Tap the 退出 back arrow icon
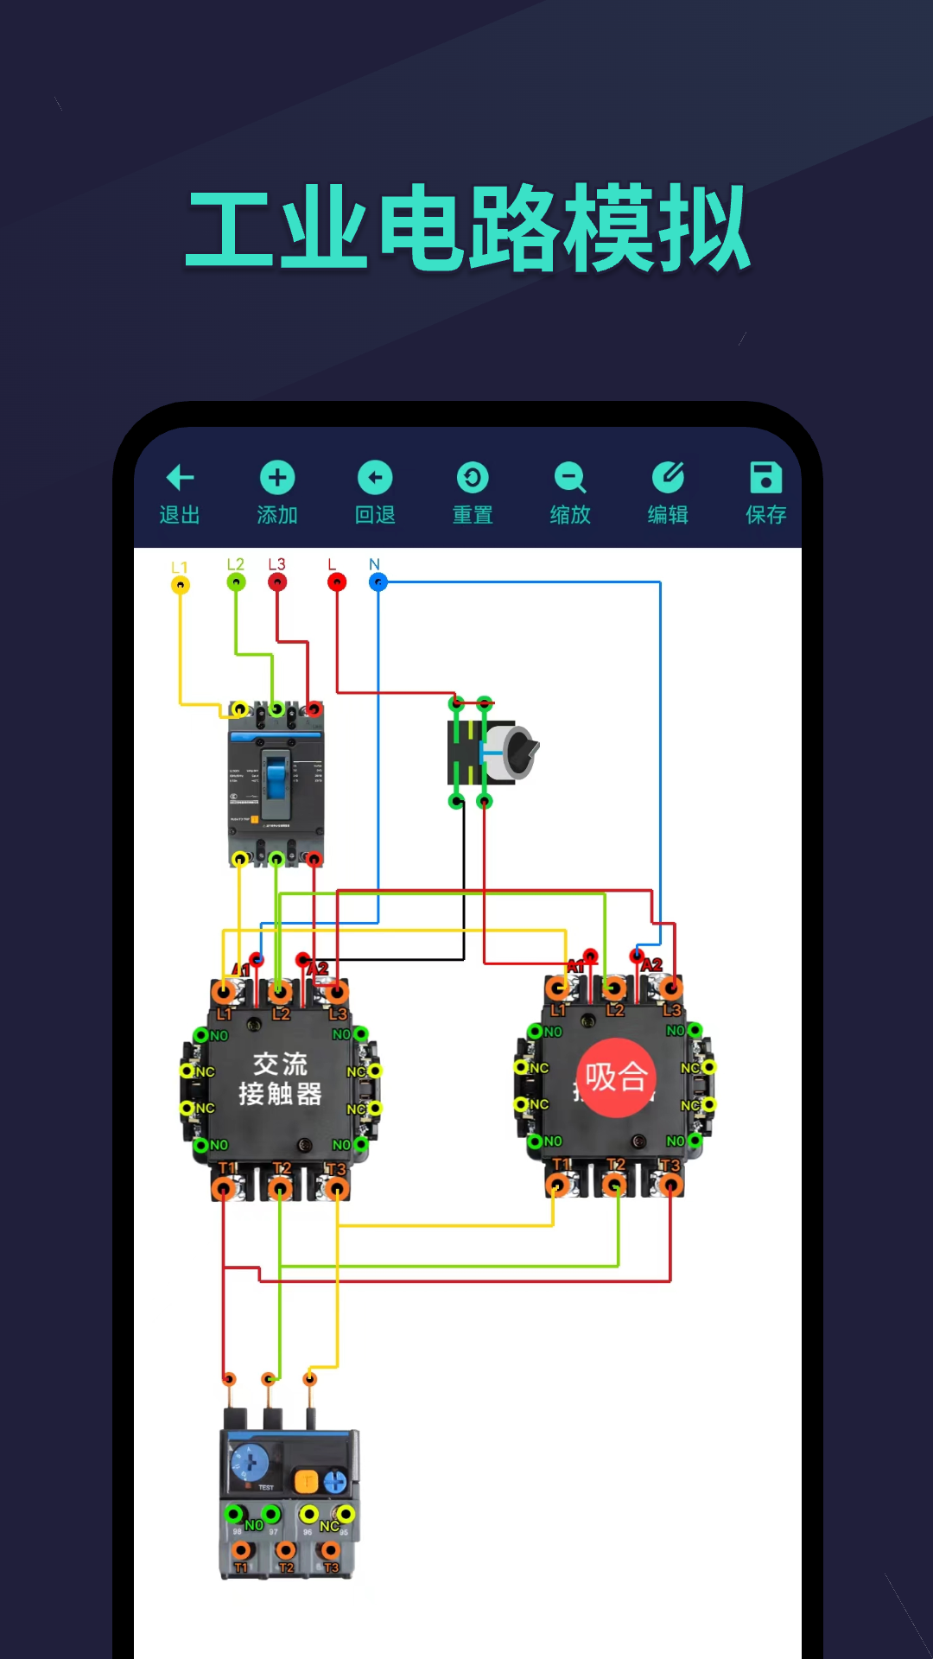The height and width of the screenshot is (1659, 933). [x=180, y=477]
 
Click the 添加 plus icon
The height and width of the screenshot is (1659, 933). [x=277, y=477]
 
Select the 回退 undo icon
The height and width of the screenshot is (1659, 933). [x=375, y=477]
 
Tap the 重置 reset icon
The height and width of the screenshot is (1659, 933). [x=473, y=477]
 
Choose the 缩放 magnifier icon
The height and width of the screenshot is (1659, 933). [x=570, y=477]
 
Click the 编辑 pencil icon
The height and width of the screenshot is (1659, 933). [x=668, y=477]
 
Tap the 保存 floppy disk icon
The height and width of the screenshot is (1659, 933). [x=765, y=477]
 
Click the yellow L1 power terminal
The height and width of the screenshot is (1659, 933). [x=180, y=585]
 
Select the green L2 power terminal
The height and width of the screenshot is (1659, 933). [x=236, y=582]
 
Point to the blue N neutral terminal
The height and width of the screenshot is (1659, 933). [x=378, y=582]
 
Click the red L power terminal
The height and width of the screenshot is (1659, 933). [x=337, y=582]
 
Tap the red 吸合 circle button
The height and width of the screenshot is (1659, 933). [x=616, y=1077]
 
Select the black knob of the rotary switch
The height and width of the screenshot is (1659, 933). [x=519, y=750]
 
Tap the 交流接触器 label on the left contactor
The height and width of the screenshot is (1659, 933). [x=280, y=1078]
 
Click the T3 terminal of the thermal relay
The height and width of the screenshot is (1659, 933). [x=331, y=1552]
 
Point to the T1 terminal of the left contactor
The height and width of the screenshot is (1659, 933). [x=224, y=1190]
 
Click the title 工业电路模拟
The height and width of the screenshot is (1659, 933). [x=467, y=228]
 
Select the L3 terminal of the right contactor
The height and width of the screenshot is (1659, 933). [x=671, y=988]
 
